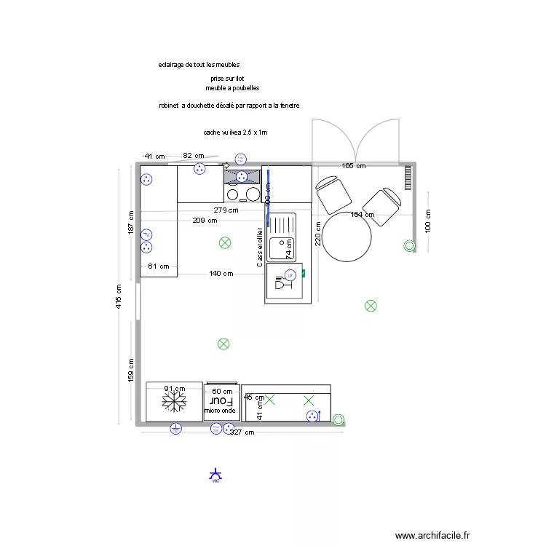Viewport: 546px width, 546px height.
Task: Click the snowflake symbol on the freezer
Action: click(175, 401)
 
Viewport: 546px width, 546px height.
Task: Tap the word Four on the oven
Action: click(221, 401)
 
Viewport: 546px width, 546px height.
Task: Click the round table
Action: click(347, 237)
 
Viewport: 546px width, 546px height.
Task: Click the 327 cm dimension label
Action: click(242, 432)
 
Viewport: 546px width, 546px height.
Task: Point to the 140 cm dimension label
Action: click(221, 274)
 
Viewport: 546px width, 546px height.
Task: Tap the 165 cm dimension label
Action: click(354, 167)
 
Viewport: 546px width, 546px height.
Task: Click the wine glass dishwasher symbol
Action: click(280, 285)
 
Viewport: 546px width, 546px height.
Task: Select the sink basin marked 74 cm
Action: click(280, 249)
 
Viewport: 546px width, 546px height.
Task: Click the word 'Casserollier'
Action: click(260, 248)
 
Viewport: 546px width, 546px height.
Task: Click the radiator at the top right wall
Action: click(408, 177)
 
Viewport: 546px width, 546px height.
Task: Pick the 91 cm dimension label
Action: click(173, 389)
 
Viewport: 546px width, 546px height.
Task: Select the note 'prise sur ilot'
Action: click(227, 77)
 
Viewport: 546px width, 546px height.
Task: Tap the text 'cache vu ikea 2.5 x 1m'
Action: click(236, 132)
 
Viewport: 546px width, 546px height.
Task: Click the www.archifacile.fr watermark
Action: click(432, 534)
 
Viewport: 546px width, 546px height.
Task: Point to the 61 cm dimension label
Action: click(157, 266)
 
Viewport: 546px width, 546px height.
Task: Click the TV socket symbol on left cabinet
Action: click(146, 234)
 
